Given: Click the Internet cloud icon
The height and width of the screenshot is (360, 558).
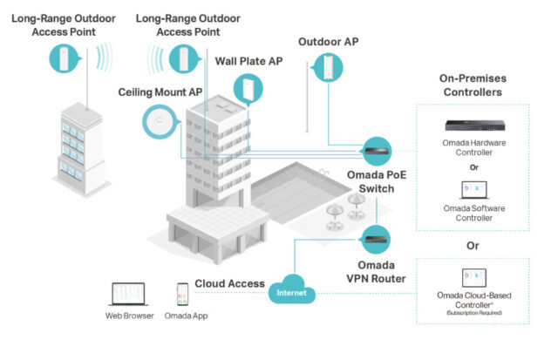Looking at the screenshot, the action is pos(292,289).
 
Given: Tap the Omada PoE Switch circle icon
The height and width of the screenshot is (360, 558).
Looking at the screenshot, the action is pos(377,151).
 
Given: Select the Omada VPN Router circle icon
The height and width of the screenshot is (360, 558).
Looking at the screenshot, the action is pos(376,240).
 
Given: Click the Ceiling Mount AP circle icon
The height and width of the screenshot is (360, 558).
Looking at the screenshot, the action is pos(160,122).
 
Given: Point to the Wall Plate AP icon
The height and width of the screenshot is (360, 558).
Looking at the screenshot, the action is pos(248,89).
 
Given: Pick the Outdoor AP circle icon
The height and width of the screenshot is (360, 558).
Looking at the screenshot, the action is pos(328,68).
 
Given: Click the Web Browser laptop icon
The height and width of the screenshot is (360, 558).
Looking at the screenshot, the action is pos(128,295).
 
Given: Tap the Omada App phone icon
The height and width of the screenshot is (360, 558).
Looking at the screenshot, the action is pos(182,295).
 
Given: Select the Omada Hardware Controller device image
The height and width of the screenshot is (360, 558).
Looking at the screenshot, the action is pos(475,126).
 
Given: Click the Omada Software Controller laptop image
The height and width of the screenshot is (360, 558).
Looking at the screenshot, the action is pos(474,190).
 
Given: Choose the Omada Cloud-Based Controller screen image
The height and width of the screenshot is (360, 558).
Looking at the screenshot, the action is pos(473,278).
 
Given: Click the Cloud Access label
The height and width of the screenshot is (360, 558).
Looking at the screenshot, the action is pos(229,283).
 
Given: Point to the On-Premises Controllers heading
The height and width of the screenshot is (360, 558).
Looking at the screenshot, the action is pos(473,85).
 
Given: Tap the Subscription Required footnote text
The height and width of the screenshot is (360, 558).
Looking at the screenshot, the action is pos(474,313).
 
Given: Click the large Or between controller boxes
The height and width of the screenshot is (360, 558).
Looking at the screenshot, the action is pos(473,246).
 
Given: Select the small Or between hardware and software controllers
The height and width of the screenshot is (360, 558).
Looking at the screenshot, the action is pos(474,167).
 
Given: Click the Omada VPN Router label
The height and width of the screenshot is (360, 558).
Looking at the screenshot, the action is pos(376,272).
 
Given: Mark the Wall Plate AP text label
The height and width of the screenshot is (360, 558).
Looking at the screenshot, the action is pos(248,61).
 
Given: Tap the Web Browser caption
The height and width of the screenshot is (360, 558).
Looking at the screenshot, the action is pos(130,316).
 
